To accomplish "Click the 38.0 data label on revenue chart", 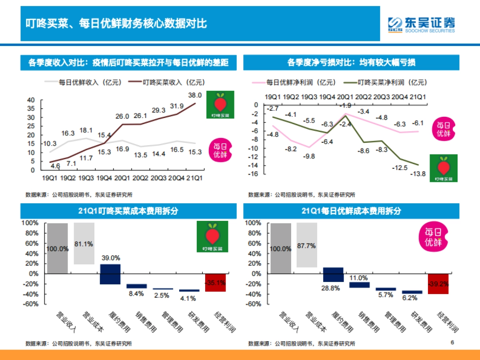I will tap(194, 95).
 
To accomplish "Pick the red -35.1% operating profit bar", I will tap(215, 282).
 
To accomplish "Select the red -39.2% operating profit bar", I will tap(438, 284).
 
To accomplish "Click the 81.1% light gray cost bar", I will tap(84, 244).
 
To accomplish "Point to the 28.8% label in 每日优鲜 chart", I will tap(333, 288).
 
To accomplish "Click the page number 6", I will tap(452, 342).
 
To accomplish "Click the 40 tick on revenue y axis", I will tap(31, 100).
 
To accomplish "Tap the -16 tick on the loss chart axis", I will tap(254, 174).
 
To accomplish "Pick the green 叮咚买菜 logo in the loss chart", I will tap(444, 168).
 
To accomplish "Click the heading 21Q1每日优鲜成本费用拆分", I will tap(351, 211).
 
